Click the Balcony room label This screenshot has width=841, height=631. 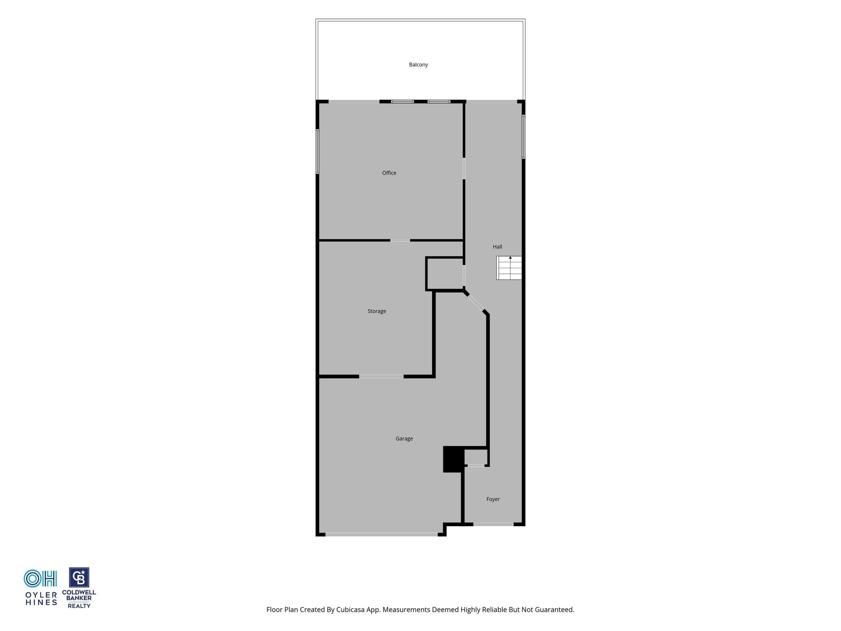(x=418, y=64)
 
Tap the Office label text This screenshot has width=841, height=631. (x=389, y=173)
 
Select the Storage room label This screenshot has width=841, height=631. (x=377, y=311)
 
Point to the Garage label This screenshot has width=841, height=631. (x=404, y=439)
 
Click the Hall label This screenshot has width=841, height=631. (x=497, y=247)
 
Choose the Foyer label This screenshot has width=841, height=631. (x=493, y=500)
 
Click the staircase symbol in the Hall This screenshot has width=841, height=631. (x=509, y=268)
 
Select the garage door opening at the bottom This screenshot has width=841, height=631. (x=381, y=534)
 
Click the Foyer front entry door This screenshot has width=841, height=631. (x=493, y=524)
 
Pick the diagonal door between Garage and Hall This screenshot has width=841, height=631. (x=476, y=302)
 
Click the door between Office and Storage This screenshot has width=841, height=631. (x=400, y=240)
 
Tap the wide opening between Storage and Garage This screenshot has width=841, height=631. (x=381, y=376)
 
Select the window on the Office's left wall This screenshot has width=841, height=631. (x=317, y=152)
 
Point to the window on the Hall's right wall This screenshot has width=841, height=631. (x=524, y=137)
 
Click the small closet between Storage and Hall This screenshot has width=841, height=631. (x=445, y=274)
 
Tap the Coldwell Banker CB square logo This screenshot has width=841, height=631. (x=79, y=578)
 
